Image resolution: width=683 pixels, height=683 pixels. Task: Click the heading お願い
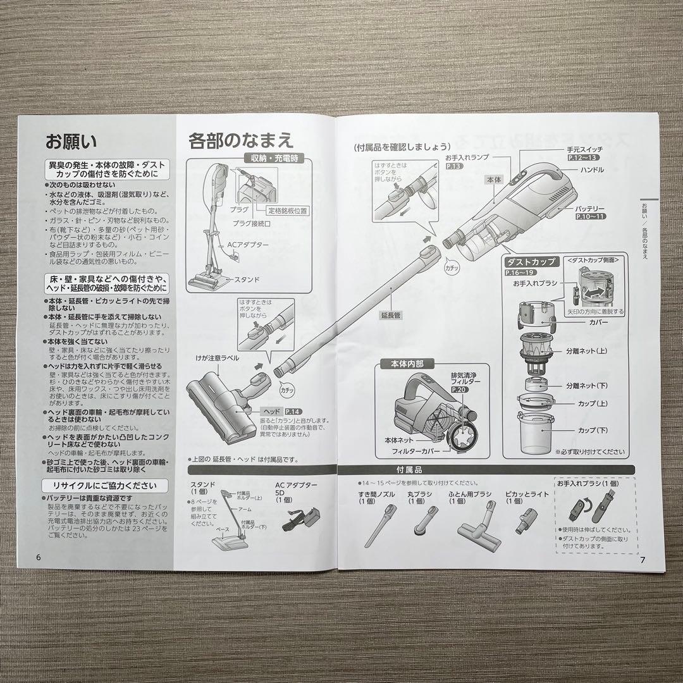(71, 140)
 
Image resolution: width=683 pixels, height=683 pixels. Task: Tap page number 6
(39, 557)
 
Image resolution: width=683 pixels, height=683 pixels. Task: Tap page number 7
(643, 559)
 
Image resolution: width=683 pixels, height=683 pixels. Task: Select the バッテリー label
(590, 208)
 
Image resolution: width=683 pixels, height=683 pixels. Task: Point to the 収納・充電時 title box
(278, 159)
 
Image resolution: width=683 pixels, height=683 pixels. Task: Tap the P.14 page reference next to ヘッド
(293, 412)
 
